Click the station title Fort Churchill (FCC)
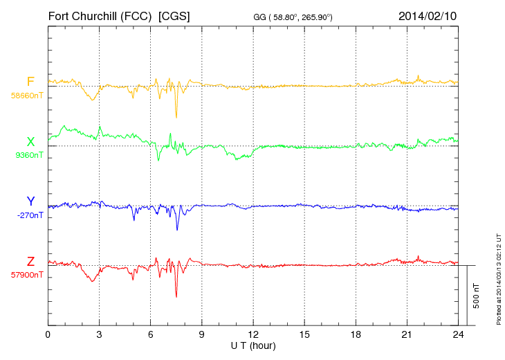pos(99,15)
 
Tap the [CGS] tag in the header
pos(174,15)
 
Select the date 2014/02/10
pos(428,15)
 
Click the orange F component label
pos(30,82)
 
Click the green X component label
pos(30,142)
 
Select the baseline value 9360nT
pos(28,155)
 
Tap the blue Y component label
pos(30,201)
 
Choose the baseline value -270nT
pos(30,215)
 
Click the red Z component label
pos(30,262)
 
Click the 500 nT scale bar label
pos(477,296)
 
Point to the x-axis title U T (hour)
pos(253,345)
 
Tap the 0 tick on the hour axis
pos(48,334)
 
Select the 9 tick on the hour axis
pos(202,334)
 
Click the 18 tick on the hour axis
pos(356,334)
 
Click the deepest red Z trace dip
pos(176,296)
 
